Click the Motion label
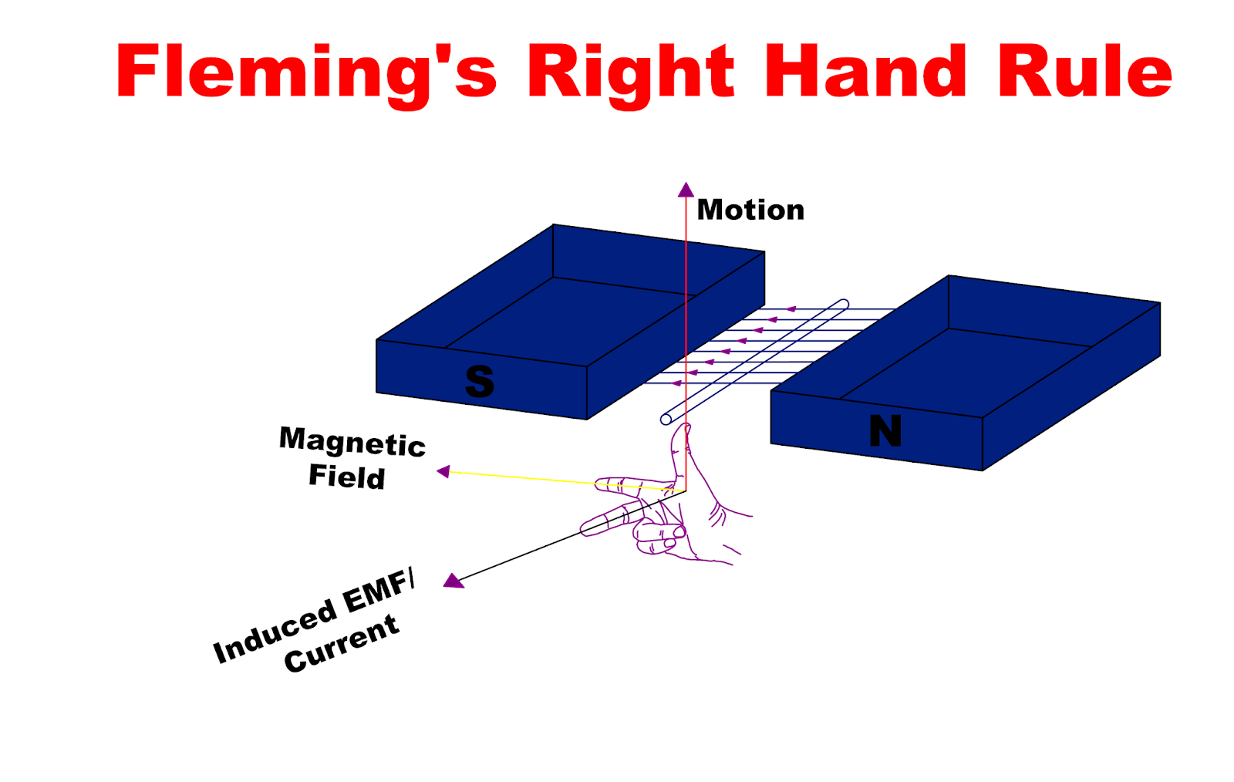pyautogui.click(x=750, y=210)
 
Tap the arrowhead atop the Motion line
pyautogui.click(x=686, y=190)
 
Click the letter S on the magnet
pyautogui.click(x=479, y=382)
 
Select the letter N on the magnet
pyautogui.click(x=885, y=431)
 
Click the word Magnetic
pyautogui.click(x=352, y=442)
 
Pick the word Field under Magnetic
pyautogui.click(x=346, y=477)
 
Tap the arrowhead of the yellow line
pyautogui.click(x=443, y=471)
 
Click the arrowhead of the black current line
pyautogui.click(x=453, y=581)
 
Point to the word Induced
pyautogui.click(x=275, y=631)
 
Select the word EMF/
pyautogui.click(x=378, y=592)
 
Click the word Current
pyautogui.click(x=341, y=643)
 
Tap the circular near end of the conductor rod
pyautogui.click(x=666, y=420)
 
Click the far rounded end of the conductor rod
pyautogui.click(x=844, y=304)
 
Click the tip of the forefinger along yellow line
pyautogui.click(x=601, y=485)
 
